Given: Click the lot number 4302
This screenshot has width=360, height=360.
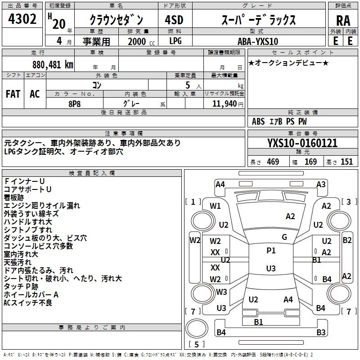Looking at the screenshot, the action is [22, 19].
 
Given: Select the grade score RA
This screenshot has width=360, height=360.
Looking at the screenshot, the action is [343, 21].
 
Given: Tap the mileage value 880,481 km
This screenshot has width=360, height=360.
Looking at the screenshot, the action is [53, 64].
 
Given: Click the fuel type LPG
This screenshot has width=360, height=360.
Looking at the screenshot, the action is [175, 41].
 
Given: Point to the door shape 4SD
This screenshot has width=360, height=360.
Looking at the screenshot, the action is [174, 20].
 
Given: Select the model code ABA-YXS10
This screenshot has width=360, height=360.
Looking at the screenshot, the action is [258, 41].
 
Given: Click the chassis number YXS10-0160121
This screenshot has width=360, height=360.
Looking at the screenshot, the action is [302, 143].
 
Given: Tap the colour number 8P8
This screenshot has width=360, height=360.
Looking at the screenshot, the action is [75, 104].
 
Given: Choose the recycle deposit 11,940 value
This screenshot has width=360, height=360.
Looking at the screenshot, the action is [225, 103].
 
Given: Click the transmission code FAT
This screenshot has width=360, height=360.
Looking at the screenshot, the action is [13, 94].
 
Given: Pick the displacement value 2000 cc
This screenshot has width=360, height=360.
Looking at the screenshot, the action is [141, 41].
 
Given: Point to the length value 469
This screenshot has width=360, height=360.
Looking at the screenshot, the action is [273, 162].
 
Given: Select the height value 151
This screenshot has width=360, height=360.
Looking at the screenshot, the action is [346, 162].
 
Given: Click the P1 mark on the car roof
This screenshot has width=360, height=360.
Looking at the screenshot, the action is [271, 251].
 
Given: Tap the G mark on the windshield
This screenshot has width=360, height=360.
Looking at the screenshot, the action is [284, 237].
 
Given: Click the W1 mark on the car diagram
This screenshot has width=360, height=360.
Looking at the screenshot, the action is [215, 206].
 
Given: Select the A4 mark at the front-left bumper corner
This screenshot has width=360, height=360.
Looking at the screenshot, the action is [220, 184].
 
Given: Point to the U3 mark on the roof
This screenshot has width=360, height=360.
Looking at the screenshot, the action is [271, 268].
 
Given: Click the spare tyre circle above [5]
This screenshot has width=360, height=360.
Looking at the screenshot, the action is [197, 328].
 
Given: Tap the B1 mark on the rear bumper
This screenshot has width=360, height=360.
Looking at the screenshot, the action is [258, 322].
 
